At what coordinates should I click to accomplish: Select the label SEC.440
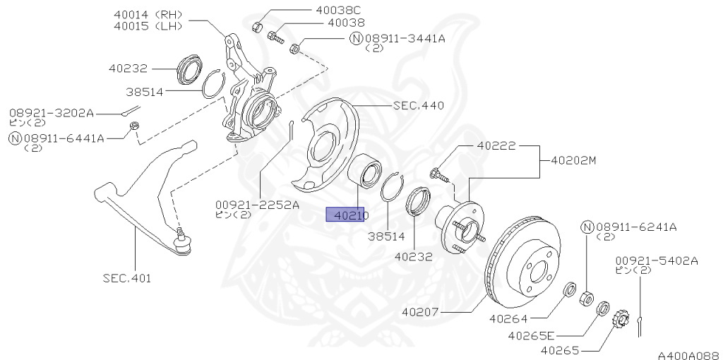coord(418,106)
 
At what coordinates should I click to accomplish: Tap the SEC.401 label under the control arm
coord(126,277)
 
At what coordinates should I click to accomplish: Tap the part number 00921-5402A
coord(656,260)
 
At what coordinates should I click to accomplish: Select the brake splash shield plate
coord(325,145)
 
